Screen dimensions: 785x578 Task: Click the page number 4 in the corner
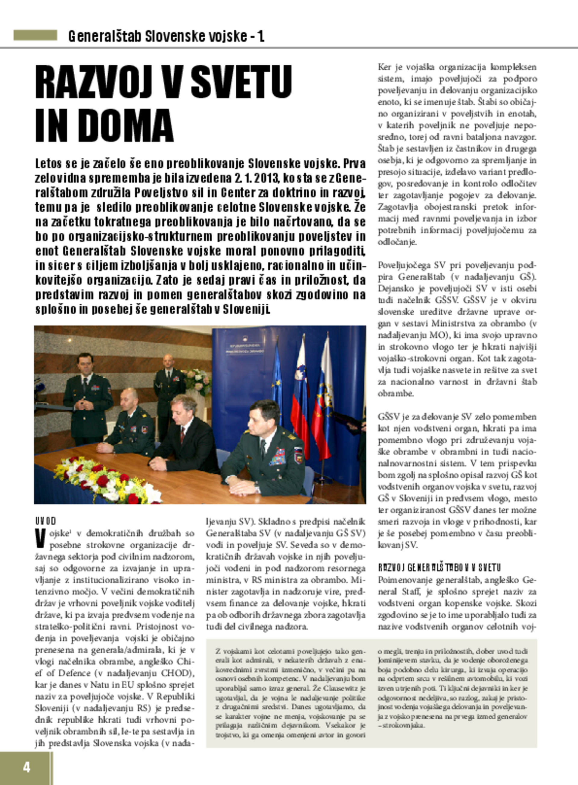pos(26,767)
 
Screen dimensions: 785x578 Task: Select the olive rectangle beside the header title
pos(35,35)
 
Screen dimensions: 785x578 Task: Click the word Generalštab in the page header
pos(105,36)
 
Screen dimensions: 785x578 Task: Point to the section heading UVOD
pos(45,521)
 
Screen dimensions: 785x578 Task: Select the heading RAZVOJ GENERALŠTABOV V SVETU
pos(439,567)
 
